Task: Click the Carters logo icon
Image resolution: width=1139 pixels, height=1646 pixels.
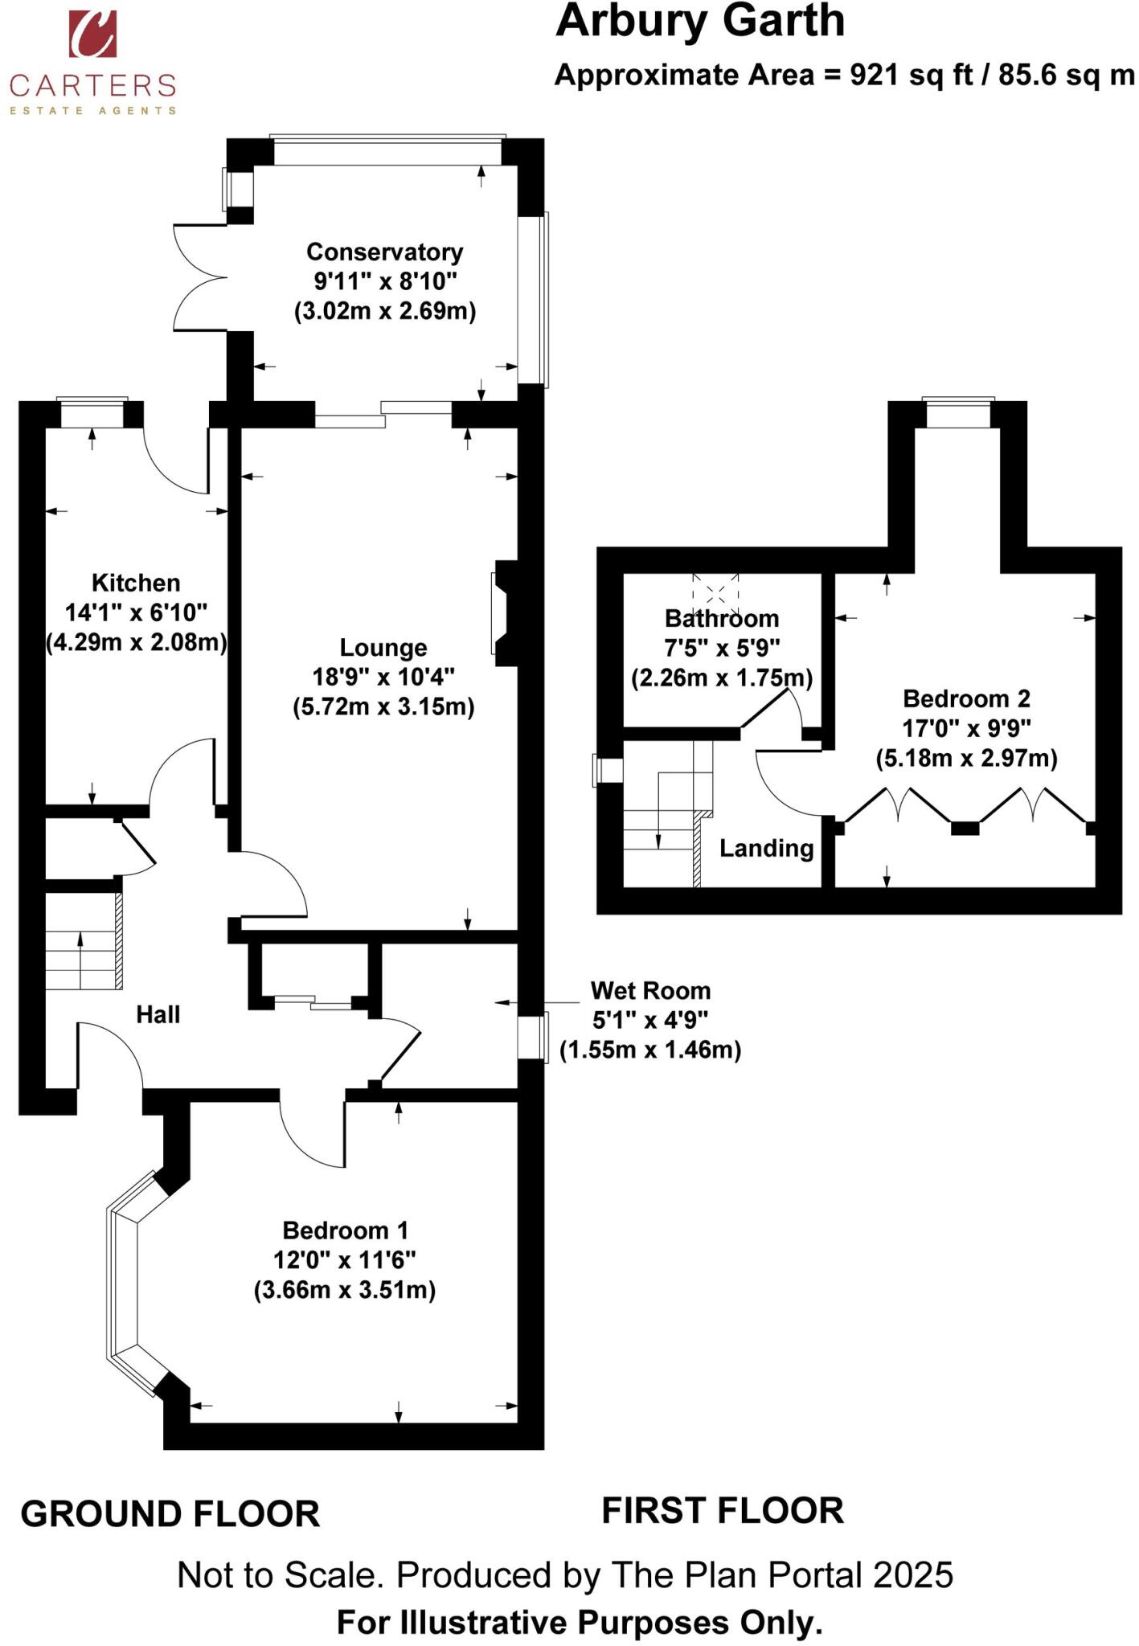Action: pos(92,35)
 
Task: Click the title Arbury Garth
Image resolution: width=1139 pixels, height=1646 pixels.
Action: pos(699,22)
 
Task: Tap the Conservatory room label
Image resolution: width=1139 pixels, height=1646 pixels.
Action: pos(384,252)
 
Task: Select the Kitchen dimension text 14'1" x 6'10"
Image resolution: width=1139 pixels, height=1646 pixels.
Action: pos(136,613)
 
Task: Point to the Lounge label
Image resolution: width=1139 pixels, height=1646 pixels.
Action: pos(383,648)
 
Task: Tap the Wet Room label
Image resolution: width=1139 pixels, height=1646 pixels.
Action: pos(650,991)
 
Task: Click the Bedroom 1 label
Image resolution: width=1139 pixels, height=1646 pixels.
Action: pos(345,1230)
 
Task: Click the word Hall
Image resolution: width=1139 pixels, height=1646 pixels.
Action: pos(158,1015)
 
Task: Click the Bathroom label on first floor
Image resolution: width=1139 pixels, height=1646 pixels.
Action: pos(721,619)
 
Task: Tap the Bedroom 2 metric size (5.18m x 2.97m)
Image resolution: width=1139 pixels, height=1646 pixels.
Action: pos(966,758)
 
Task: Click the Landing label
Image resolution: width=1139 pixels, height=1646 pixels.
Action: pos(766,849)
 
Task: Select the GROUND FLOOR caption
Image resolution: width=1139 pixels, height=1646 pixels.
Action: pos(170,1514)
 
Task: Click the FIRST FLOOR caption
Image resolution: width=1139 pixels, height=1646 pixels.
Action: pos(722,1511)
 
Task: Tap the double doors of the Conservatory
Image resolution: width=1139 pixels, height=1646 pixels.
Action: pos(201,278)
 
